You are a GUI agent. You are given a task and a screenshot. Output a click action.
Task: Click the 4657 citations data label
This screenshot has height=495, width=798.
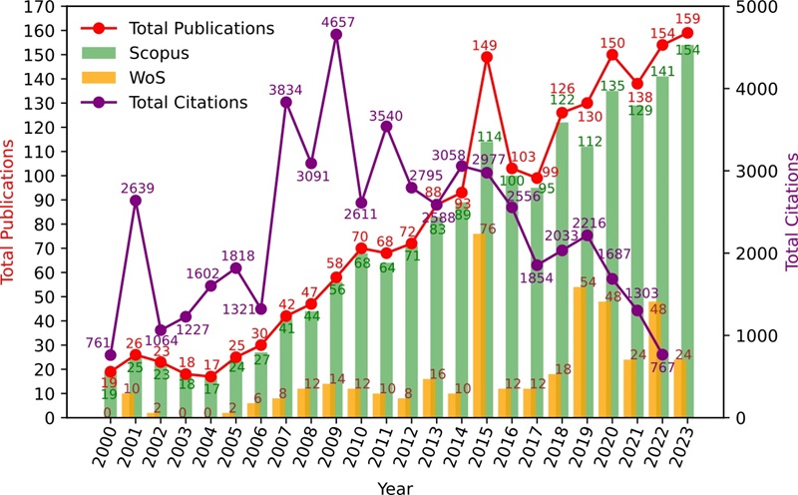click(x=335, y=21)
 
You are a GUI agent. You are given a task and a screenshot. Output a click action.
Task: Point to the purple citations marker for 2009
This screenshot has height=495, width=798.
click(x=336, y=35)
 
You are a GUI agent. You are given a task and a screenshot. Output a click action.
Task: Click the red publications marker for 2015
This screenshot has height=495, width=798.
click(x=487, y=57)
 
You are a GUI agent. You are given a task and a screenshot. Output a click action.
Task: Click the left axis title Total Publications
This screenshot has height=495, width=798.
click(x=11, y=212)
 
